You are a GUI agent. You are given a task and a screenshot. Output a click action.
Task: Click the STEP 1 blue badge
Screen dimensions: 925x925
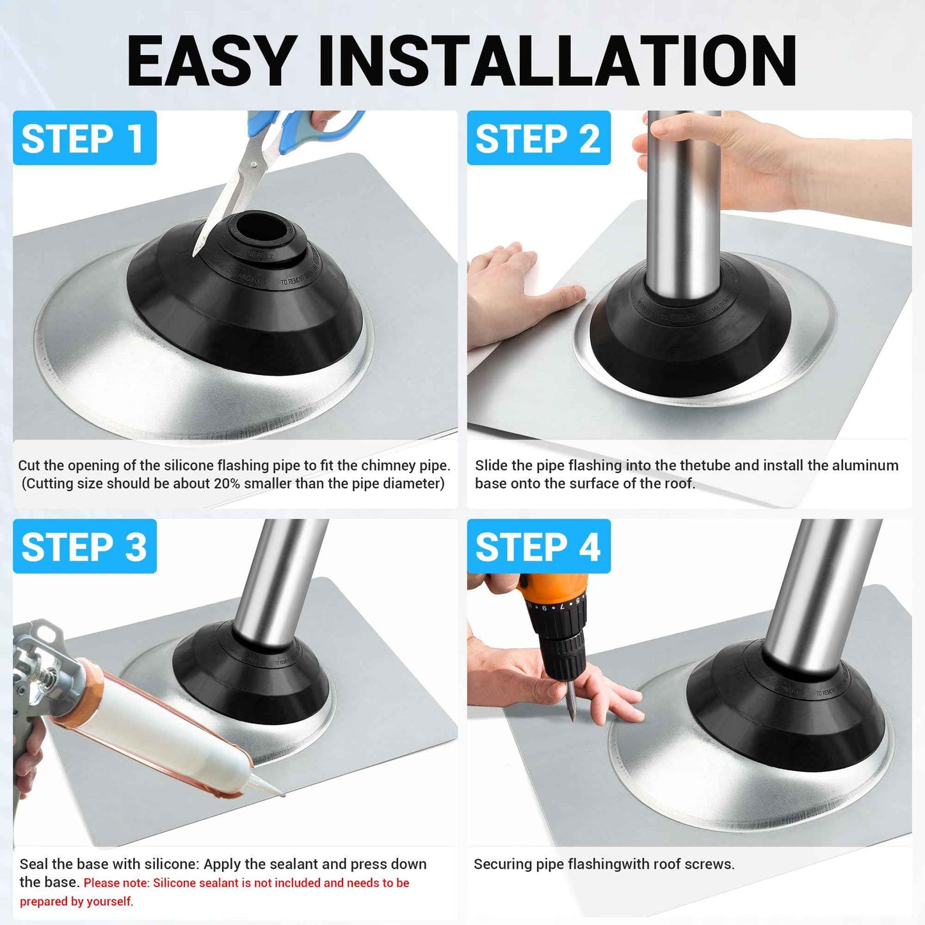tap(84, 138)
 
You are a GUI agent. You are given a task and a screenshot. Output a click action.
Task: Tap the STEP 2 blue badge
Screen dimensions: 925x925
tap(538, 138)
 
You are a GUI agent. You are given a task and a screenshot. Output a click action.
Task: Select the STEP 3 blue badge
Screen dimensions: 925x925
tap(84, 547)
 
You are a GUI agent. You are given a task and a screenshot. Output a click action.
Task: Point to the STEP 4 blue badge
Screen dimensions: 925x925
tap(538, 547)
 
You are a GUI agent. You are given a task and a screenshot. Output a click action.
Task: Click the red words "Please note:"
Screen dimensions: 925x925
tap(117, 883)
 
